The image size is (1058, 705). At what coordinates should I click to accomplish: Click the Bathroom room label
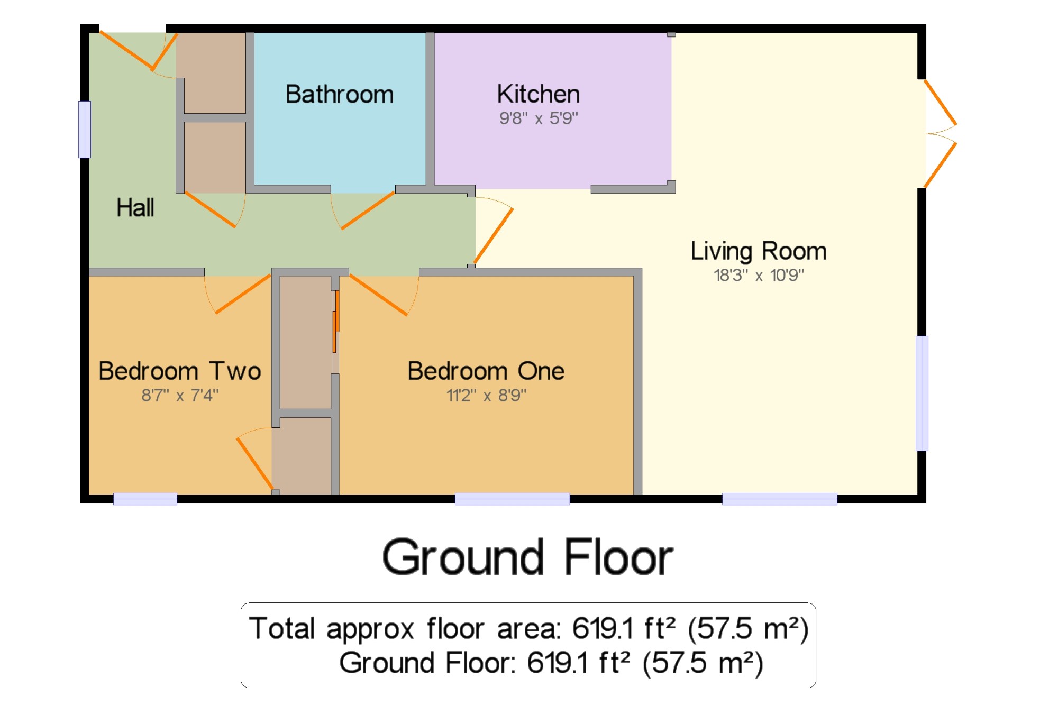coord(340,95)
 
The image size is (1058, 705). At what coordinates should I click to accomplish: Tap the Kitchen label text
coord(539,94)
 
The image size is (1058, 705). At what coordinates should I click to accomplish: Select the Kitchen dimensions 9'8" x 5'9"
coord(539,118)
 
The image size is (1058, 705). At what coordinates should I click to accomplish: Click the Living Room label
coord(759,251)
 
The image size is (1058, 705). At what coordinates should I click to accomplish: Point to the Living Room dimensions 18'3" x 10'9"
coord(759,275)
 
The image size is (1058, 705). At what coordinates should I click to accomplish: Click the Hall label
coord(135,207)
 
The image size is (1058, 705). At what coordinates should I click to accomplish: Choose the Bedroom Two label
coord(180,371)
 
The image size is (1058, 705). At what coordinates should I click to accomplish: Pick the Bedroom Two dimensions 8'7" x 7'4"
coord(180,395)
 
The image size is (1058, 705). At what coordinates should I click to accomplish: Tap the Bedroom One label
coord(486,371)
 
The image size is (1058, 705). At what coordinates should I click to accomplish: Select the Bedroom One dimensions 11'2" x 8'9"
coord(486,395)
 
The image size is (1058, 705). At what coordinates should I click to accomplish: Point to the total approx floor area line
coord(529,629)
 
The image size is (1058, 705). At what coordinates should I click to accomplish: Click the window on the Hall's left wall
coord(85,130)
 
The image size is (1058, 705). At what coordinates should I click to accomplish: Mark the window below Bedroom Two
coord(145,499)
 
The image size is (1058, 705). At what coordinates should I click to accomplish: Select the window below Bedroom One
coord(512,499)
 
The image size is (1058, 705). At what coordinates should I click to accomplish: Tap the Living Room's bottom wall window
coord(780,499)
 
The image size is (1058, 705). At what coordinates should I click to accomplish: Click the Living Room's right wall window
coord(922,393)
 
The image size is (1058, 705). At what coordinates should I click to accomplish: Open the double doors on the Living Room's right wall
coord(941,133)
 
